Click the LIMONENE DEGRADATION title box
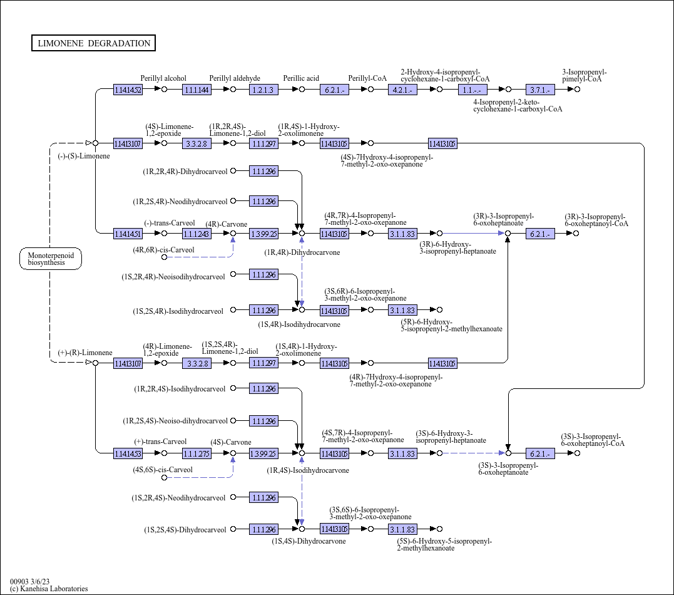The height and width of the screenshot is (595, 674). click(x=93, y=43)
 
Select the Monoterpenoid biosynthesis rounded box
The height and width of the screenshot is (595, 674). click(x=51, y=259)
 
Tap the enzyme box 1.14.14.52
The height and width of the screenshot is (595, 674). click(x=128, y=90)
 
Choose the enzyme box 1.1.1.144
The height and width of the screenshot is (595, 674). click(x=197, y=90)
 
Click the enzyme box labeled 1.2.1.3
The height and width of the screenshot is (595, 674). click(x=263, y=90)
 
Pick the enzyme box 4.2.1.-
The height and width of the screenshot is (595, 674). click(x=402, y=90)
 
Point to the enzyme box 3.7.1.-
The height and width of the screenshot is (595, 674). click(x=540, y=90)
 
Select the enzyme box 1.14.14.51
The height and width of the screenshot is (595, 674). click(x=128, y=234)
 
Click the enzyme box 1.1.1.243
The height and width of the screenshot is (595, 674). click(x=197, y=234)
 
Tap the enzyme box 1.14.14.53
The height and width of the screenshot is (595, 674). click(x=128, y=453)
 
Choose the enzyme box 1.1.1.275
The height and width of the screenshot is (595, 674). click(x=197, y=453)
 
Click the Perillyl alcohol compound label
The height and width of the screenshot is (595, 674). click(x=163, y=78)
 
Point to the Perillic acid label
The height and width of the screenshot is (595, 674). click(x=301, y=78)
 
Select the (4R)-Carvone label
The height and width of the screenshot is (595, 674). click(x=227, y=224)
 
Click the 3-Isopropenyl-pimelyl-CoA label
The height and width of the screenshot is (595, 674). click(x=584, y=75)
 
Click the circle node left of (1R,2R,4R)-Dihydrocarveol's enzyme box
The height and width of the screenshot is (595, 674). click(x=233, y=170)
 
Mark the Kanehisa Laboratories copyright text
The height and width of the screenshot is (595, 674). click(x=49, y=589)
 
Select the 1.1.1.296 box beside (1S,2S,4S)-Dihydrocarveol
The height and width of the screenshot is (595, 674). click(x=263, y=529)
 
